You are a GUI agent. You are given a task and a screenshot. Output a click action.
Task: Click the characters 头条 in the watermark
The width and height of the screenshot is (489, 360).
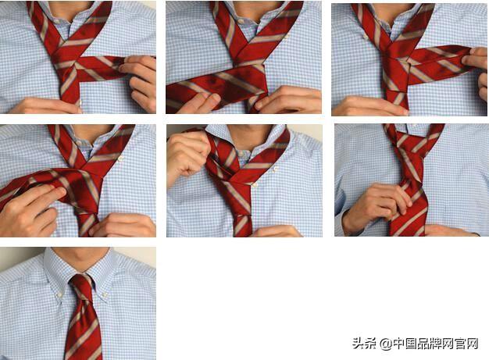coord(364,344)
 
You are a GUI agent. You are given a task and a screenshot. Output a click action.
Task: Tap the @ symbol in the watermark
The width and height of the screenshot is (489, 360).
coord(386,344)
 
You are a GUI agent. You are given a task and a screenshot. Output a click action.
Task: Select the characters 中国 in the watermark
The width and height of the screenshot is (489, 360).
coord(405,344)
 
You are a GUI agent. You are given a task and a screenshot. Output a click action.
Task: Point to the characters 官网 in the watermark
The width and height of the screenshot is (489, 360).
coord(466,344)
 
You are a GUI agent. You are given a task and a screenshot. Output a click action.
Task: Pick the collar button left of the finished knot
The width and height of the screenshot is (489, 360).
coord(59,294)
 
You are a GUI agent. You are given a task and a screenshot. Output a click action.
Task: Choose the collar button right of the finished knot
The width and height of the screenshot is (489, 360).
coord(105,294)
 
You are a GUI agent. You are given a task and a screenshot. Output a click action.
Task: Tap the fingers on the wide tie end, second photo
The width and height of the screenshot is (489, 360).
coord(200,102)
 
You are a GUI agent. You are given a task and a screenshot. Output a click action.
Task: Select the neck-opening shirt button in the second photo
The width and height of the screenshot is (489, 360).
coord(242,21)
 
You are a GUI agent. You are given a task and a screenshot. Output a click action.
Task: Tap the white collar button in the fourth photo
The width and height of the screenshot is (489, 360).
coord(120,159)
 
